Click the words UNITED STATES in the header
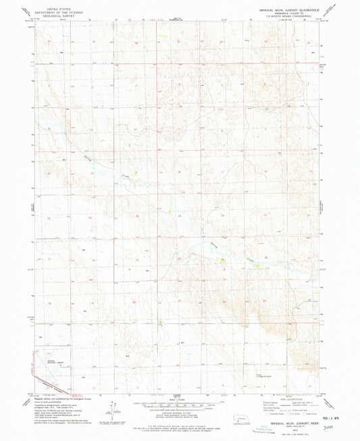point(49,5)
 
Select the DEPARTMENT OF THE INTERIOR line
point(49,9)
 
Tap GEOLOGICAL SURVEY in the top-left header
point(49,12)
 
